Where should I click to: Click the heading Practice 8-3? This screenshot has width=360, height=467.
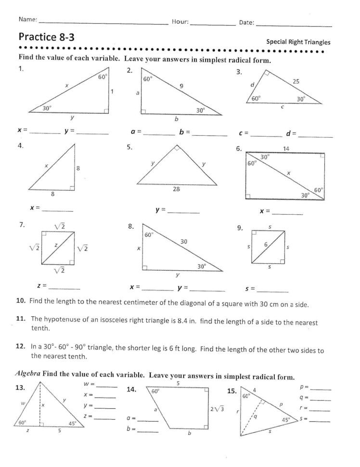pyautogui.click(x=47, y=37)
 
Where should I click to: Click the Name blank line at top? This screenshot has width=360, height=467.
pyautogui.click(x=103, y=23)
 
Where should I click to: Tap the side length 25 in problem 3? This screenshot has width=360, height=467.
pyautogui.click(x=296, y=82)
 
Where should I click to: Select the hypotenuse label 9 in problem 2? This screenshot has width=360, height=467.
pyautogui.click(x=181, y=87)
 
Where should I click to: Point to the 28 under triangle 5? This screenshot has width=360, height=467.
pyautogui.click(x=176, y=190)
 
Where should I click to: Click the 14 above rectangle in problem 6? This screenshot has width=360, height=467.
pyautogui.click(x=286, y=149)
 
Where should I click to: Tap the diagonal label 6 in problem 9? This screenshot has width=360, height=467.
pyautogui.click(x=265, y=245)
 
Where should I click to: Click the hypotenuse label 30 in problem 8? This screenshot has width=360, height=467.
pyautogui.click(x=183, y=242)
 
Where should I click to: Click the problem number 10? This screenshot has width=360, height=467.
pyautogui.click(x=21, y=304)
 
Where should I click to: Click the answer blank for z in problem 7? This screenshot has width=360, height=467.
pyautogui.click(x=64, y=287)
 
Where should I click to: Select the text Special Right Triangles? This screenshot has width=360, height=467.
pyautogui.click(x=298, y=41)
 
